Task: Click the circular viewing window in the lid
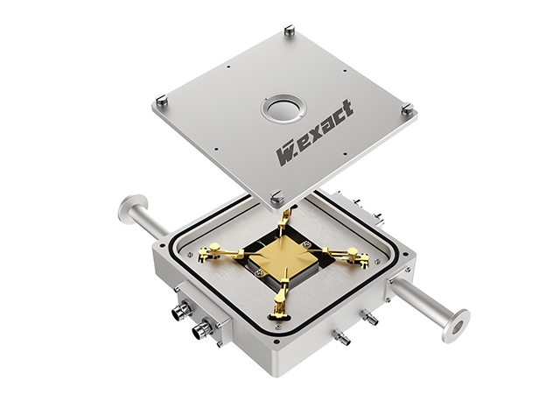pyautogui.click(x=283, y=109)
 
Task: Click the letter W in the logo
pyautogui.click(x=285, y=155)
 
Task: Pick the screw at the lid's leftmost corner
pyautogui.click(x=162, y=100)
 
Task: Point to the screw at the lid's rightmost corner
pyautogui.click(x=408, y=109)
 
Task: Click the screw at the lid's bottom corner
pyautogui.click(x=276, y=197)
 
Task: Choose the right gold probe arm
pyautogui.click(x=346, y=256)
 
